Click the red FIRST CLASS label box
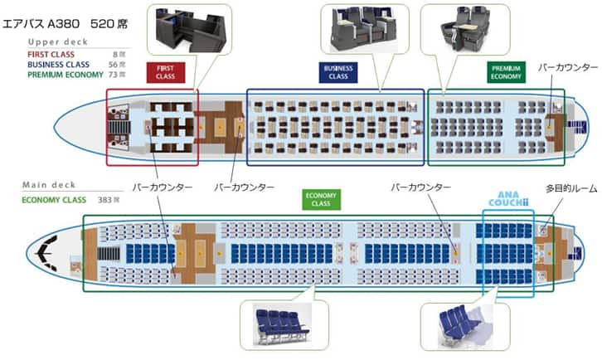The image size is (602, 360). tap(166, 72)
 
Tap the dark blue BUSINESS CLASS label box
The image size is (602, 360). tap(338, 72)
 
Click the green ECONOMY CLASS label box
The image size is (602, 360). tap(321, 199)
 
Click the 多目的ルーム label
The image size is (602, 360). tap(570, 189)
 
